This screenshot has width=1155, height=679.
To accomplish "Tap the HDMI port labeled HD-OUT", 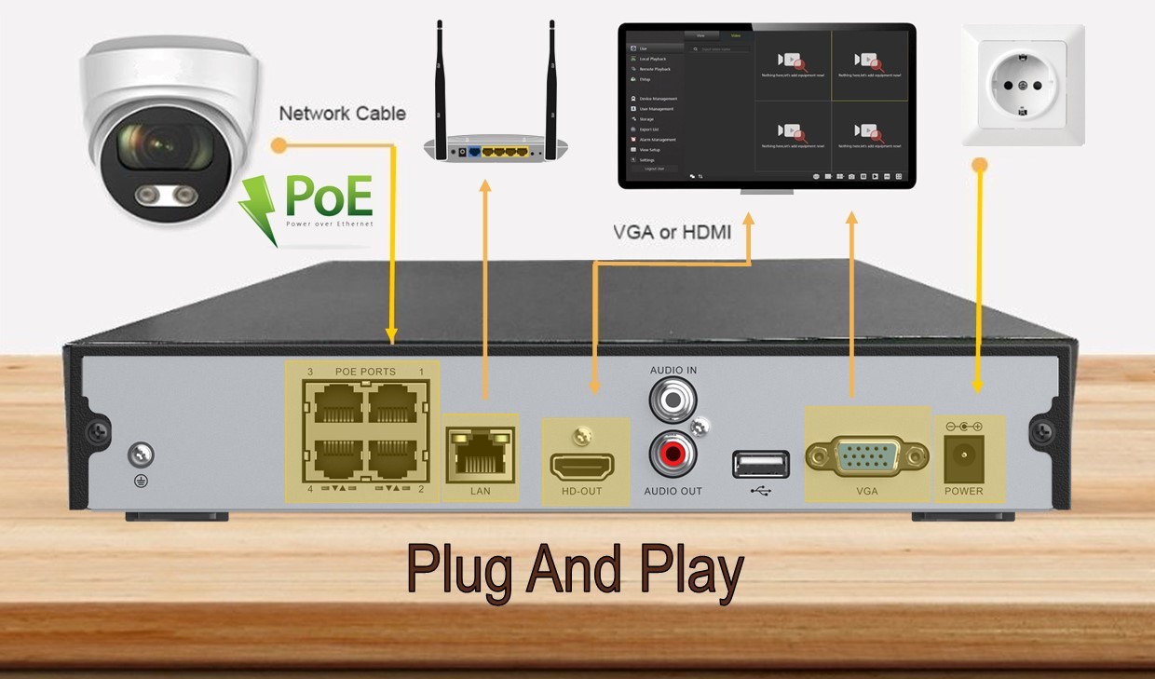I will click(x=582, y=465).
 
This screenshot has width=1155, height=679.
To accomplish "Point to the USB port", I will click(x=760, y=463).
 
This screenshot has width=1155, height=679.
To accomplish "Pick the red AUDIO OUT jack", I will click(x=673, y=455).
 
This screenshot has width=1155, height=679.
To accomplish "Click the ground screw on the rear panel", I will click(x=141, y=455).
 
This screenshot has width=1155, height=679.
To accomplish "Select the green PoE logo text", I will click(x=329, y=197).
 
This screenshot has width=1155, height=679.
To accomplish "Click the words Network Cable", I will click(x=343, y=114).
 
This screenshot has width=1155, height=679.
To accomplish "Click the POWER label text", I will click(x=963, y=491).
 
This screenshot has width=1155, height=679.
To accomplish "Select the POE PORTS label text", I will click(x=365, y=372).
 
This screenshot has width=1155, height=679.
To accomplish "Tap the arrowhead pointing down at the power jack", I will click(x=976, y=386).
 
